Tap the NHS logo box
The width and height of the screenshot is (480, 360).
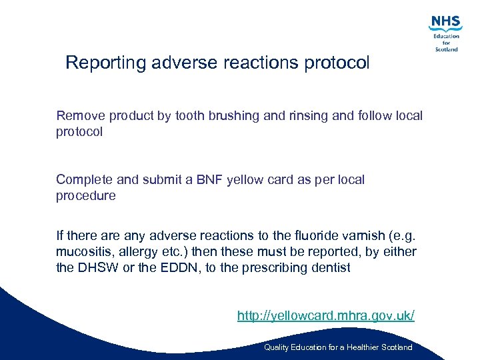coord(446,23)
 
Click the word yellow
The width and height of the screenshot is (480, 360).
coord(245,180)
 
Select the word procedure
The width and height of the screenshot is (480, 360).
coord(86,196)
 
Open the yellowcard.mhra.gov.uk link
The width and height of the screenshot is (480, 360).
coord(325,315)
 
